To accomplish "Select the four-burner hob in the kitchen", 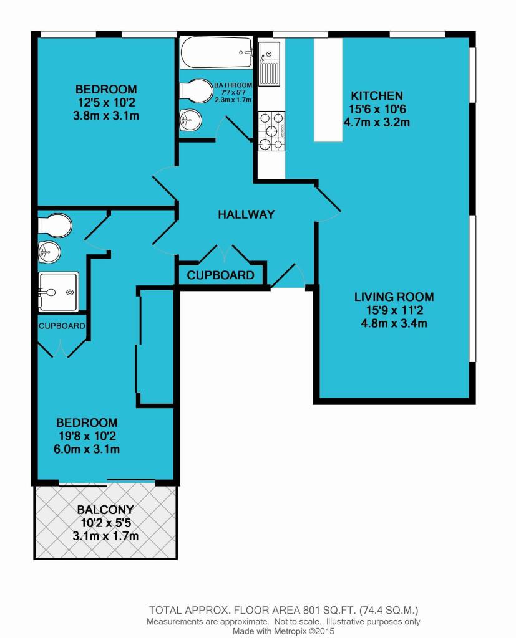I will click(x=270, y=131).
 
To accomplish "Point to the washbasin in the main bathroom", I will click(x=190, y=120).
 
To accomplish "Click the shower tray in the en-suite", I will click(x=58, y=291).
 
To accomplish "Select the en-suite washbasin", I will click(x=49, y=252).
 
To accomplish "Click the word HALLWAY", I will click(x=246, y=214).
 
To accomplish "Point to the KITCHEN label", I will click(x=377, y=96).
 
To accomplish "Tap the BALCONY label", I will click(x=105, y=509).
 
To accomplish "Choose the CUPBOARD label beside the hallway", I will click(x=221, y=275).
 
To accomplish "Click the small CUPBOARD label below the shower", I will click(x=62, y=326).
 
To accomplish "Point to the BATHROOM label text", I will click(x=233, y=85).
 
